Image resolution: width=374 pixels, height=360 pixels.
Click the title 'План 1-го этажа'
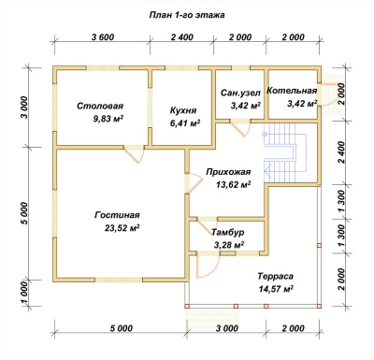pyautogui.click(x=187, y=15)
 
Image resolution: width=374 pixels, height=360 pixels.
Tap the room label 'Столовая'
pyautogui.click(x=100, y=106)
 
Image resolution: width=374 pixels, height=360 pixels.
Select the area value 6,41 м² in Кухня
pyautogui.click(x=185, y=123)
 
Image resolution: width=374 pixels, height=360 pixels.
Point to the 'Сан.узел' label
pyautogui.click(x=236, y=93)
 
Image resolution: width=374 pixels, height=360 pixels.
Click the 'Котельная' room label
pyautogui.click(x=292, y=91)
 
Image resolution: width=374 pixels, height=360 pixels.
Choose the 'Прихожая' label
pyautogui.click(x=228, y=172)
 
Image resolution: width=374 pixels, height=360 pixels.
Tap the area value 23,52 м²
pyautogui.click(x=122, y=228)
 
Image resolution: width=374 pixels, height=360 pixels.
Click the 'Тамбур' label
pyautogui.click(x=227, y=232)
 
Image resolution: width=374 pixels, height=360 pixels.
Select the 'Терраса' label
pyautogui.click(x=276, y=276)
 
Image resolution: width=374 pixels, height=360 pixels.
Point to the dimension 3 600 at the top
pyautogui.click(x=103, y=37)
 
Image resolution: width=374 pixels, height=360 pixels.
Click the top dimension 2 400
pyautogui.click(x=182, y=37)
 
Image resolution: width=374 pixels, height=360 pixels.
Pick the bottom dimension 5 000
pyautogui.click(x=122, y=328)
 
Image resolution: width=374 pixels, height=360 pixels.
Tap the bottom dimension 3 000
pyautogui.click(x=226, y=328)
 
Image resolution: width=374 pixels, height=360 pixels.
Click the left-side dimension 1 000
pyautogui.click(x=25, y=293)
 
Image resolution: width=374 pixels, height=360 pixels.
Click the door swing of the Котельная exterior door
pyautogui.click(x=328, y=95)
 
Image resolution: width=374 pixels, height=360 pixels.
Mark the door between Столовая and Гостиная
pyautogui.click(x=134, y=153)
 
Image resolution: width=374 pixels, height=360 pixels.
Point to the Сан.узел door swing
pyautogui.click(x=240, y=128)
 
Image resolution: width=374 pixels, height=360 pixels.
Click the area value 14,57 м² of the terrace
pyautogui.click(x=276, y=289)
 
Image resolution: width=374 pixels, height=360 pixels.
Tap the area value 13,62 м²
pyautogui.click(x=234, y=185)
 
